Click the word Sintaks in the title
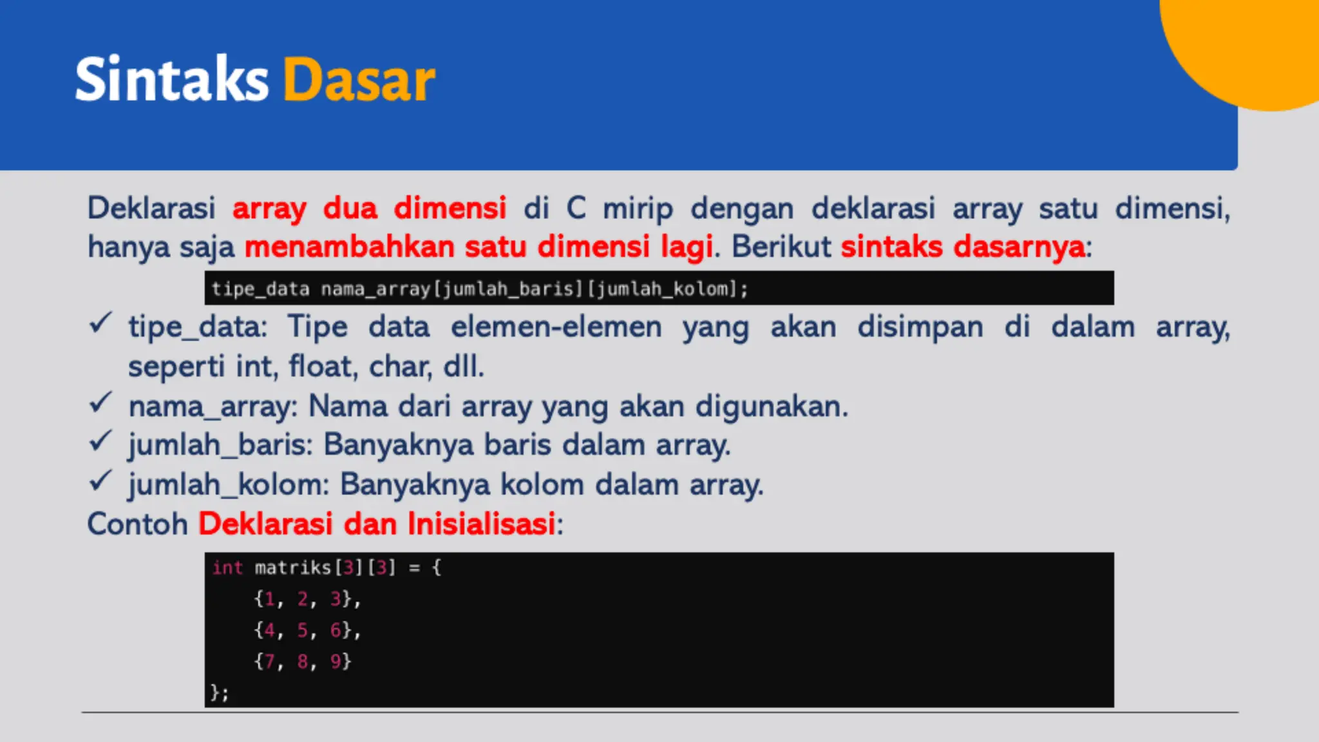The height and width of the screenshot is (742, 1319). click(171, 80)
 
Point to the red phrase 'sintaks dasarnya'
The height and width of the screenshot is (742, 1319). click(963, 247)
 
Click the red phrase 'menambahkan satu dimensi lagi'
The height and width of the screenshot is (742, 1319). click(479, 247)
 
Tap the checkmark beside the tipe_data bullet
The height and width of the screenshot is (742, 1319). click(100, 323)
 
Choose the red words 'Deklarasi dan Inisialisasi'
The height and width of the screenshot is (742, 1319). click(377, 524)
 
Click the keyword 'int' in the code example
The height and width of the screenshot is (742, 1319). click(227, 567)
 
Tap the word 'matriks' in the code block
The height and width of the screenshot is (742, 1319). click(292, 567)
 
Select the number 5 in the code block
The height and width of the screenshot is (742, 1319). click(303, 630)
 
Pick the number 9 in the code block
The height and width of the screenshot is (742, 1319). click(336, 661)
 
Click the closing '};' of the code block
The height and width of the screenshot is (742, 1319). click(220, 692)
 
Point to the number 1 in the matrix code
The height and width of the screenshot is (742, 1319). click(270, 599)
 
